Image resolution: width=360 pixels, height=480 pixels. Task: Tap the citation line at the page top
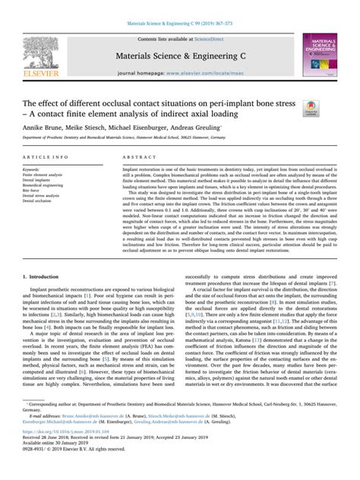(180, 7)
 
